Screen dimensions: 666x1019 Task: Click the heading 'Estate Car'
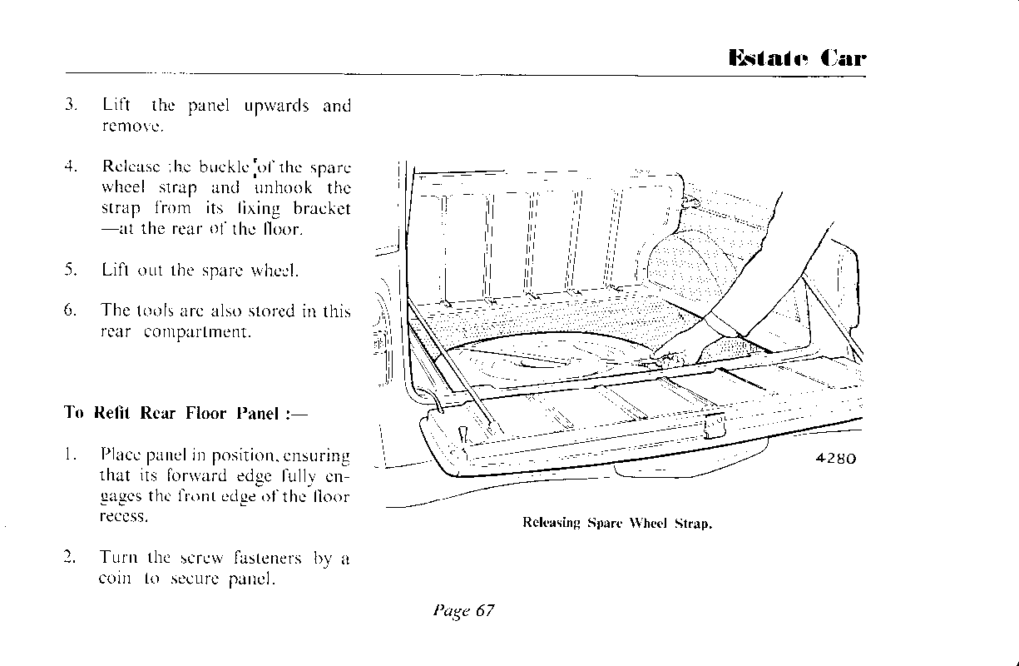click(796, 58)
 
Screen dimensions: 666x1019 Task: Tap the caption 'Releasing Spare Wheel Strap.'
click(617, 524)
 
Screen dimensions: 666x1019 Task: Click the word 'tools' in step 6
click(156, 311)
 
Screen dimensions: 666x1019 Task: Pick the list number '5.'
click(72, 269)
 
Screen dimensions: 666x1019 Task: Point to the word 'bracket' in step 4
click(323, 208)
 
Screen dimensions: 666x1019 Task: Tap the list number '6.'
click(72, 311)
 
